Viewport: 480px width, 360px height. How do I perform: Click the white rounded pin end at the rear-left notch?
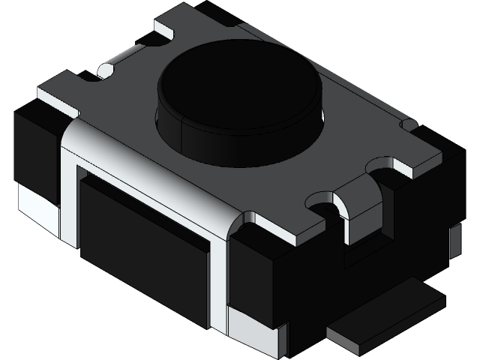pos(106,70)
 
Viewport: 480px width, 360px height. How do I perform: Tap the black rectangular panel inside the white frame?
pos(142,247)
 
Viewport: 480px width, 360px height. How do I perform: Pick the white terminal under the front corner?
pos(251,330)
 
